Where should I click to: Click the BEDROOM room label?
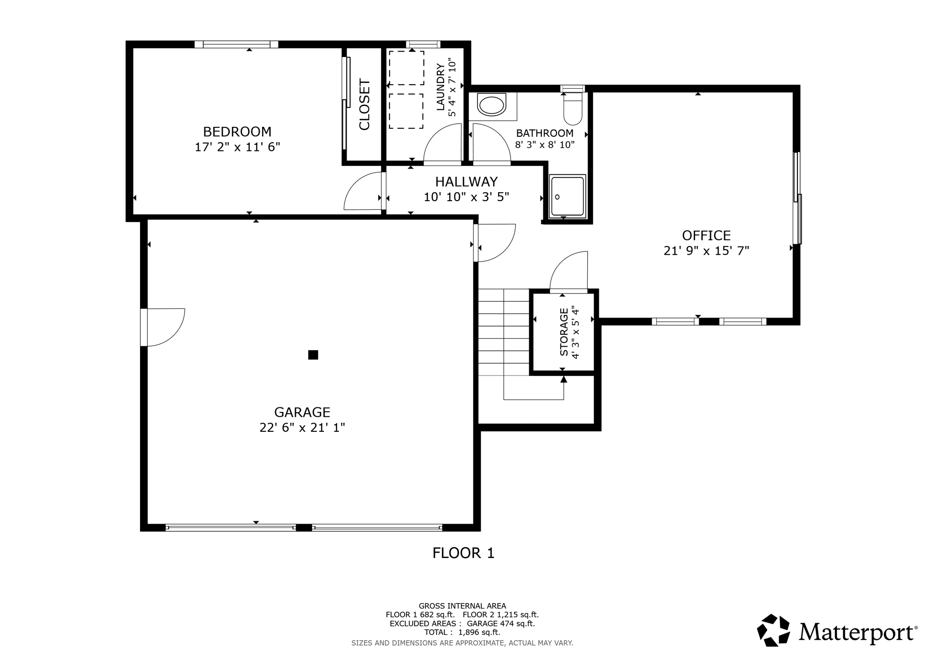click(x=237, y=132)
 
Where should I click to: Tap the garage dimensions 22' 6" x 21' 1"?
click(x=302, y=428)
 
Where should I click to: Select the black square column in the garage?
click(x=313, y=355)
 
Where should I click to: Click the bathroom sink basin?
click(x=492, y=106)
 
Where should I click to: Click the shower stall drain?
click(x=557, y=197)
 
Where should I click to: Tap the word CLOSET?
click(x=365, y=105)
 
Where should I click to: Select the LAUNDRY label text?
click(x=440, y=87)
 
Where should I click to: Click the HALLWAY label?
click(x=466, y=182)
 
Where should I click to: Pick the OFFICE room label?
click(x=706, y=236)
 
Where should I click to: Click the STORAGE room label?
click(x=564, y=332)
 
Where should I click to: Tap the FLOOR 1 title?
click(x=463, y=553)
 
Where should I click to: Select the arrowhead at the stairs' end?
click(x=564, y=379)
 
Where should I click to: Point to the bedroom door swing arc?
click(x=360, y=193)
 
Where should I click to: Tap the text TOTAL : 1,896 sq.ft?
click(x=462, y=632)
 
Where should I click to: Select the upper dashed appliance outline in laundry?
click(x=406, y=68)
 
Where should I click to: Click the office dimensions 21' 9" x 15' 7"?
click(x=706, y=251)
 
